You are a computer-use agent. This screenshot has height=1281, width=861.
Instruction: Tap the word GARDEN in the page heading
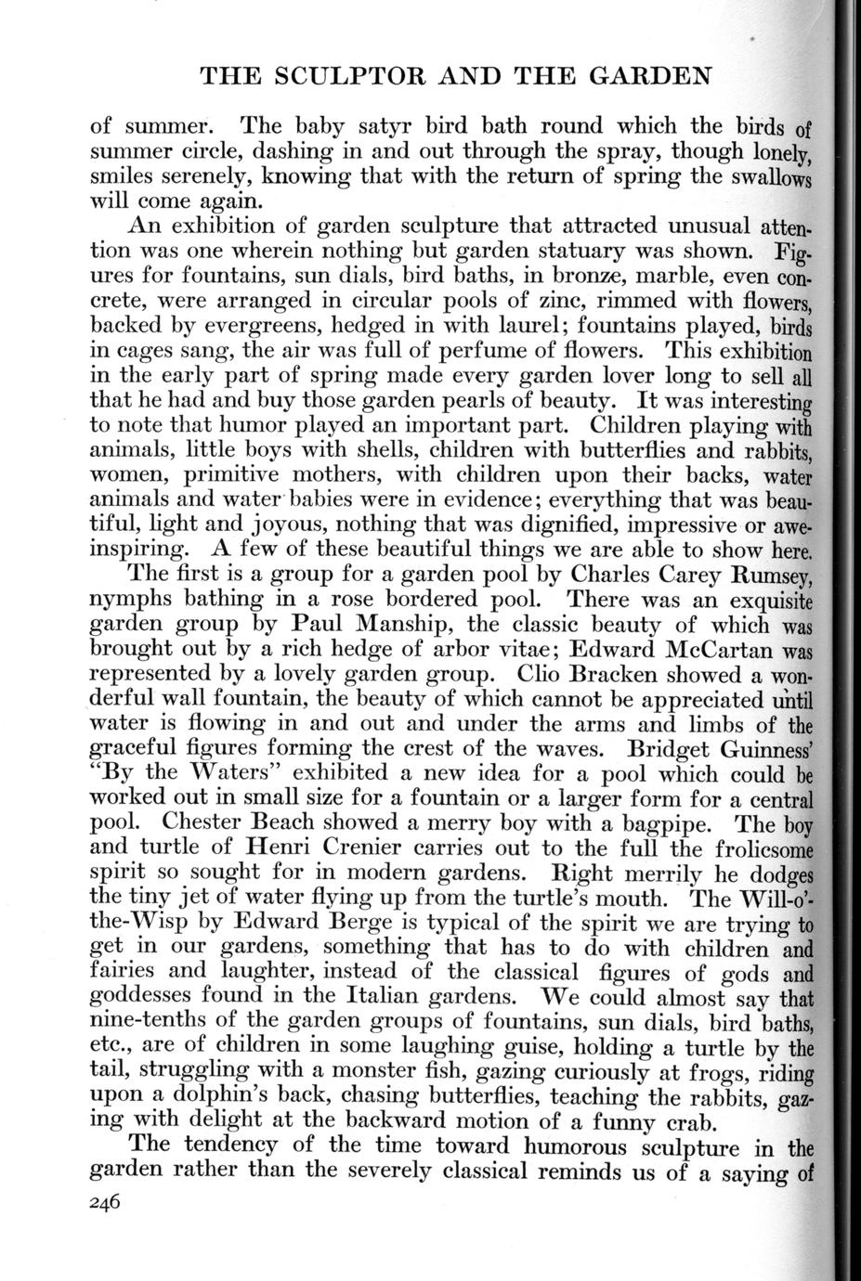[x=650, y=75]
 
